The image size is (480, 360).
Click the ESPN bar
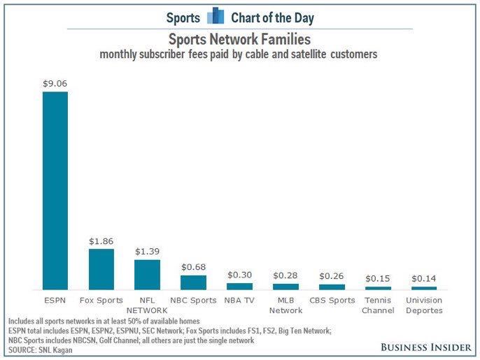click(55, 190)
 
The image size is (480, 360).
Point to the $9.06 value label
click(55, 83)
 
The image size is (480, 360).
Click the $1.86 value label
click(101, 240)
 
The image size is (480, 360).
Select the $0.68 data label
click(193, 267)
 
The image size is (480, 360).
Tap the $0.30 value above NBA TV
click(239, 275)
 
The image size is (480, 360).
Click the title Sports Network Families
click(240, 39)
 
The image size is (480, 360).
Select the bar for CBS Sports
click(332, 287)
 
